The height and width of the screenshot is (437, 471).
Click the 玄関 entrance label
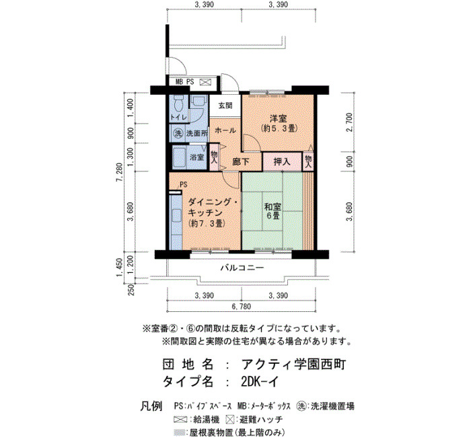[x=225, y=106]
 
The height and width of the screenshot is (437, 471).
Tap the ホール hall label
[x=225, y=130]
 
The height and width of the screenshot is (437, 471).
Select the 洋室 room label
[x=278, y=118]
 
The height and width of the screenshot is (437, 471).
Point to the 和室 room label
[x=273, y=207]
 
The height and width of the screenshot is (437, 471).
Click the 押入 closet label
[x=282, y=162]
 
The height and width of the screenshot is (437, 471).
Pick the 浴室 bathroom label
[x=197, y=157]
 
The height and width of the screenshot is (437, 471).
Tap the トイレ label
[x=178, y=118]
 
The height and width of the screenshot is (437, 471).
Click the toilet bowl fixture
[x=179, y=104]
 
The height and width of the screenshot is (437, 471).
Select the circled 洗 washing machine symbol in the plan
[x=178, y=133]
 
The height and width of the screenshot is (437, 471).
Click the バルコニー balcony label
[x=242, y=268]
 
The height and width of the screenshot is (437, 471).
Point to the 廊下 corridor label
[x=241, y=162]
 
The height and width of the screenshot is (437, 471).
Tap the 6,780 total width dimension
[x=241, y=307]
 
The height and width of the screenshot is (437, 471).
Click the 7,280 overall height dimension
[x=120, y=172]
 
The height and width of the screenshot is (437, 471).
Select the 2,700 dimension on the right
[x=349, y=122]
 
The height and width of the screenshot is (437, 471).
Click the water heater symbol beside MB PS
[x=205, y=82]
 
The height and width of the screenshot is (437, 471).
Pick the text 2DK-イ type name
[x=260, y=382]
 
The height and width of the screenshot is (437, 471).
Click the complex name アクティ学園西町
[x=294, y=364]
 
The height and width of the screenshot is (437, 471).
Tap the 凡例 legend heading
[x=151, y=406]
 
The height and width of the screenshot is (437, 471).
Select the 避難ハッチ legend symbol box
[x=230, y=420]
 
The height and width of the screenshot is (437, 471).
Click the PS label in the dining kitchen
[x=183, y=184]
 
